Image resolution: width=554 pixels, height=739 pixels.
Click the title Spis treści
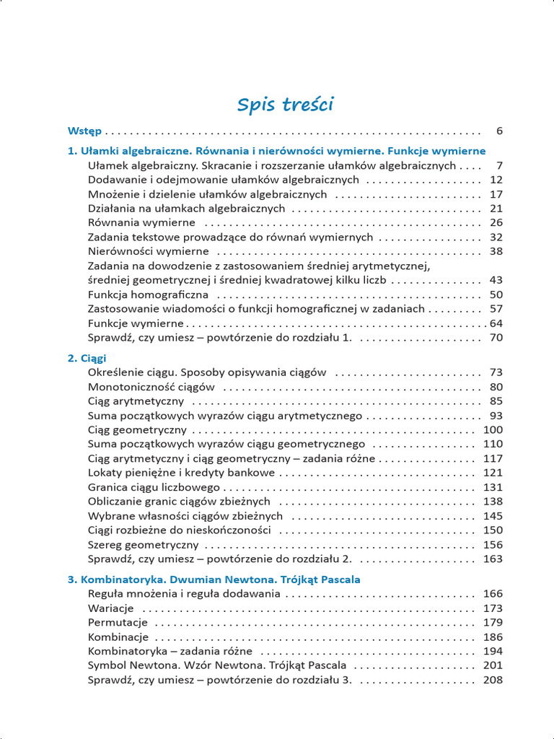click(x=285, y=105)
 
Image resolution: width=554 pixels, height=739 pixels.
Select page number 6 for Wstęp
click(x=498, y=131)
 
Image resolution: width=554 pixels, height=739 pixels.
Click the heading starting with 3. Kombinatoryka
click(x=214, y=580)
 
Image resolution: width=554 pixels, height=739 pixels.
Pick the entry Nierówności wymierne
click(x=148, y=251)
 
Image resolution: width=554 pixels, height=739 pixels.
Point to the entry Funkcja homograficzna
click(x=148, y=294)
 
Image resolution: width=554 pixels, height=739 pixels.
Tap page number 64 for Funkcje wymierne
click(x=496, y=323)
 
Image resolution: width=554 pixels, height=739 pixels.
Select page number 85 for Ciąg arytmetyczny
click(x=496, y=401)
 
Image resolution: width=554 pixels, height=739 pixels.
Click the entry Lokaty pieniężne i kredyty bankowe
click(x=181, y=473)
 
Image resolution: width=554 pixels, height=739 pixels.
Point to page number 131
click(x=493, y=487)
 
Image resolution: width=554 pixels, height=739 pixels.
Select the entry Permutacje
click(x=118, y=622)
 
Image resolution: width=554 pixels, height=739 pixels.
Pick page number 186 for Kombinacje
click(x=493, y=637)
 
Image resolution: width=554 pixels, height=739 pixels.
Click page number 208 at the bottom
click(x=493, y=680)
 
